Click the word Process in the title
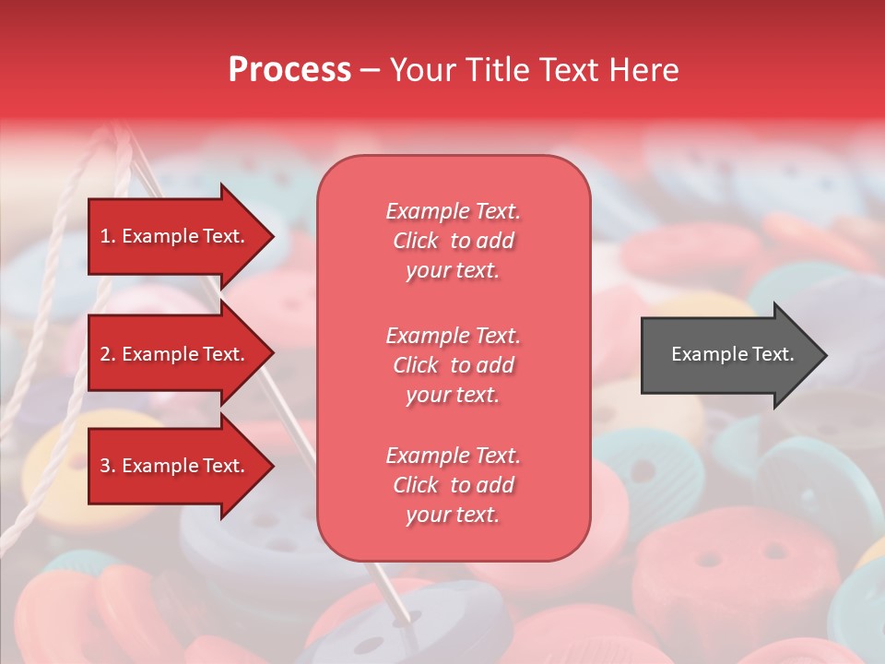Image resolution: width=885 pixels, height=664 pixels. tap(289, 70)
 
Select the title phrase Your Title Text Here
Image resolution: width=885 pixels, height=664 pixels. tap(534, 70)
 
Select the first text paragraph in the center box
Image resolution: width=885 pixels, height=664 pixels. tap(453, 241)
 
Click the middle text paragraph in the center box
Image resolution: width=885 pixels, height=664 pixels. tap(453, 365)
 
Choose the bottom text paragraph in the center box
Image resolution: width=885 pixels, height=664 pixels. tap(453, 485)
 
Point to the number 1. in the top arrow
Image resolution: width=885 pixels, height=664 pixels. tap(107, 236)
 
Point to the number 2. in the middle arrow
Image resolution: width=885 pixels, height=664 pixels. tap(107, 354)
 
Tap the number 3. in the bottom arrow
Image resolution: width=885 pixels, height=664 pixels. tap(107, 466)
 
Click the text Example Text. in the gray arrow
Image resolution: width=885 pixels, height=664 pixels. tap(732, 354)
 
